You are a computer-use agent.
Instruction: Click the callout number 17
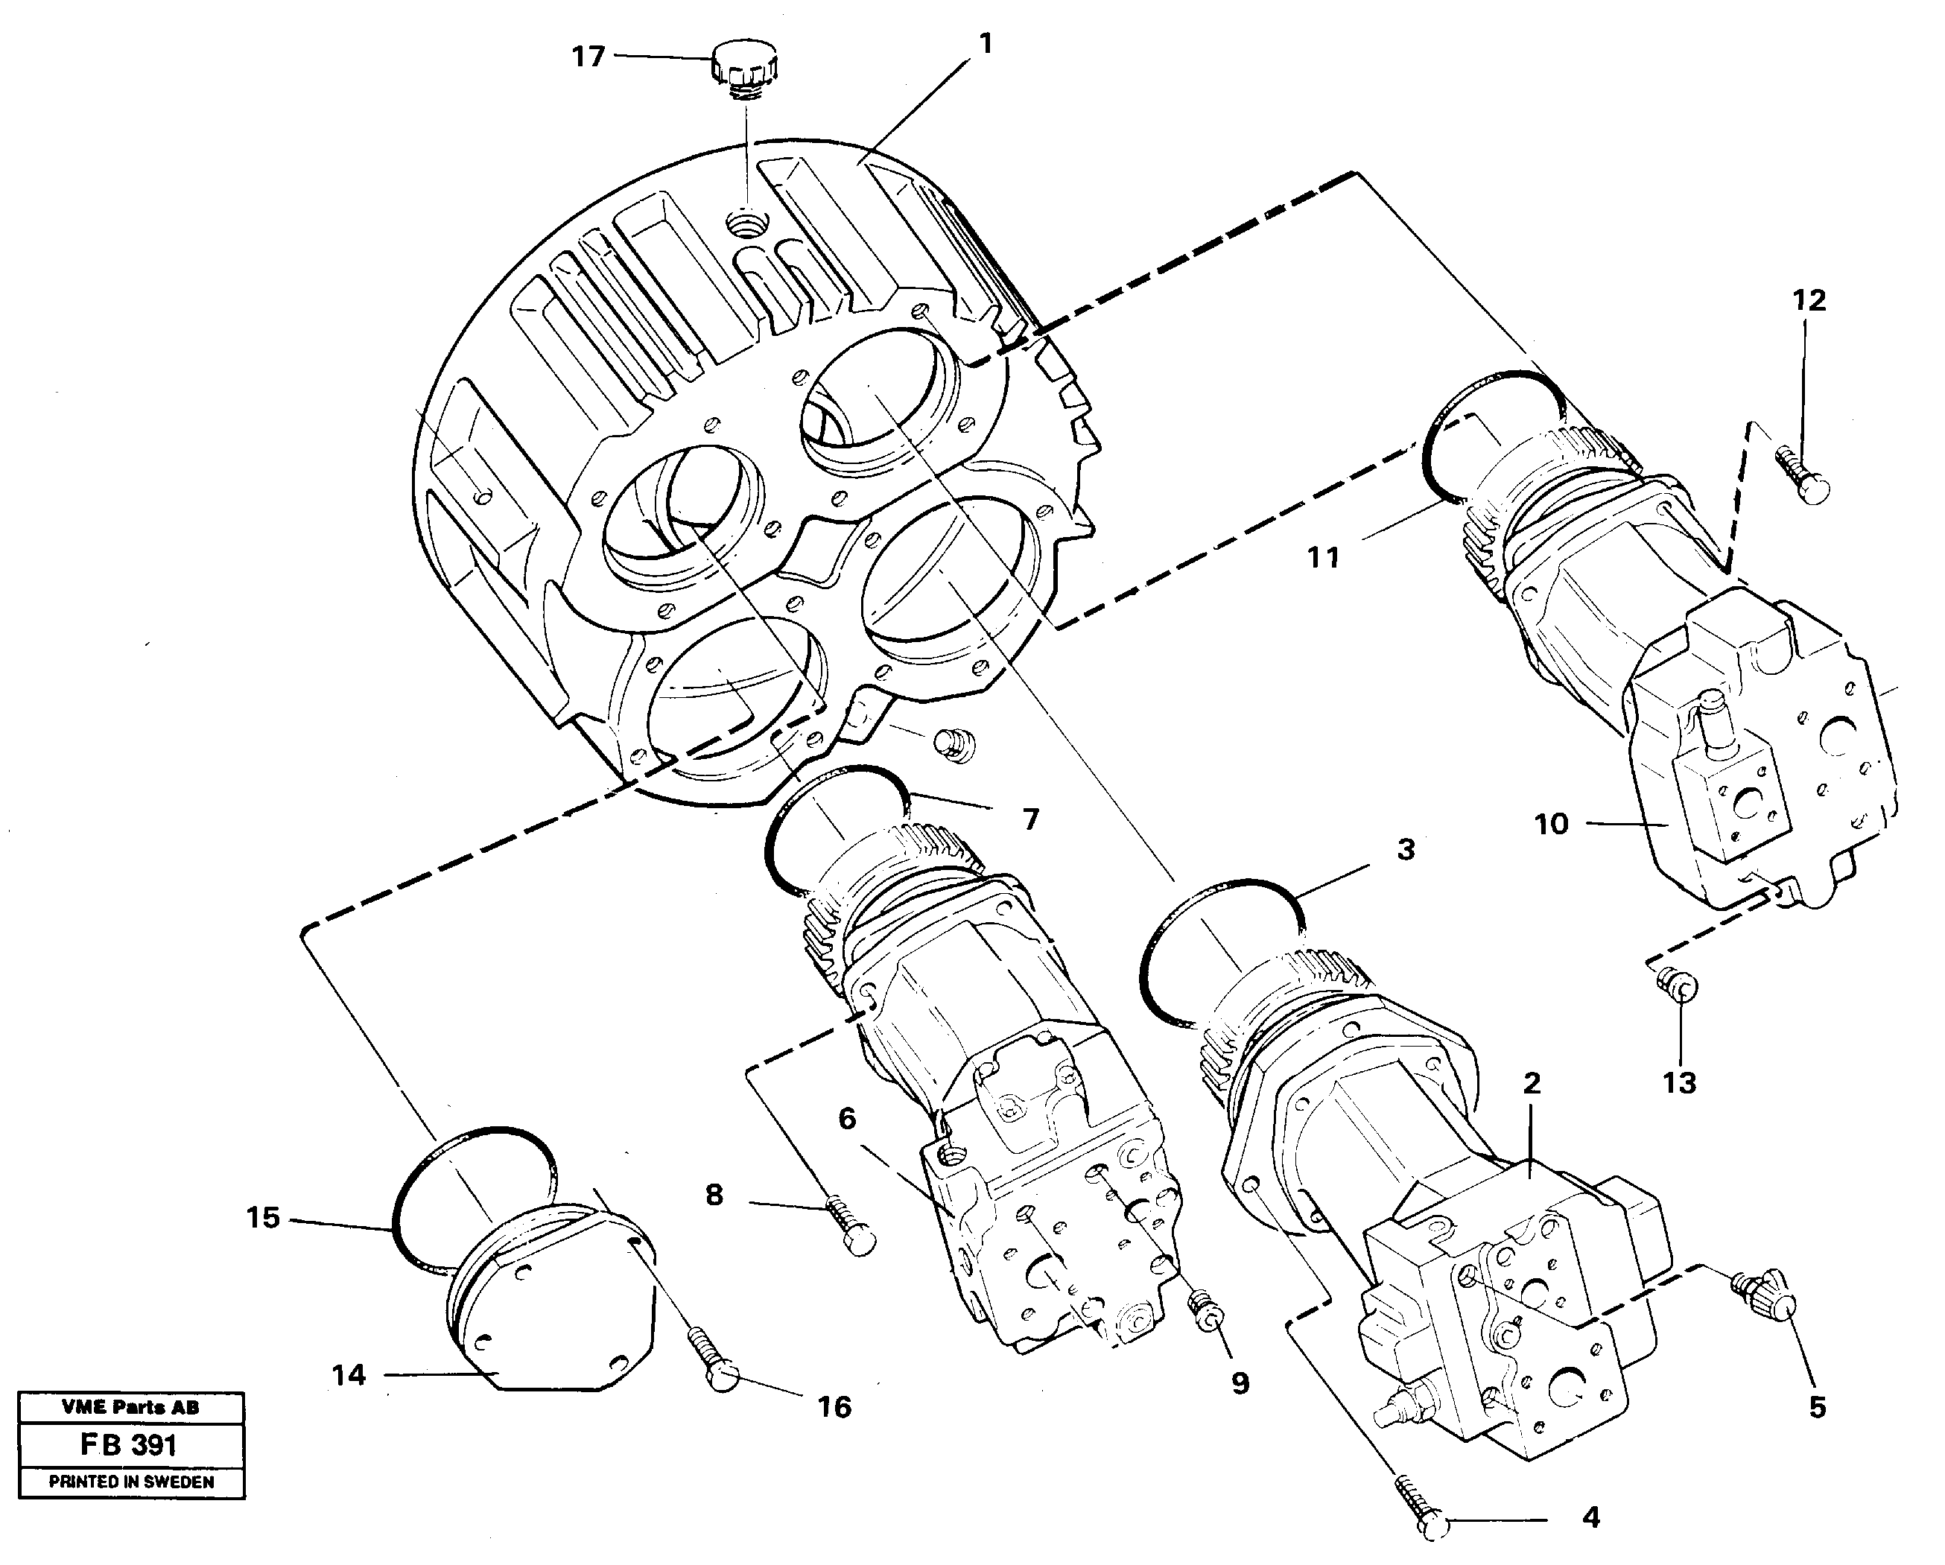(588, 57)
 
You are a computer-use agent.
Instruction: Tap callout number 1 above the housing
(986, 43)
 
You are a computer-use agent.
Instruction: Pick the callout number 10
(1552, 824)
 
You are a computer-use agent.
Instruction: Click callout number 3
(1406, 849)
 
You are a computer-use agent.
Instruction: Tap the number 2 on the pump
(1532, 1083)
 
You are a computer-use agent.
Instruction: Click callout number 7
(1030, 819)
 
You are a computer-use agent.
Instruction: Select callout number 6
(846, 1119)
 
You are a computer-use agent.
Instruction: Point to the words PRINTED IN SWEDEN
(132, 1482)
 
